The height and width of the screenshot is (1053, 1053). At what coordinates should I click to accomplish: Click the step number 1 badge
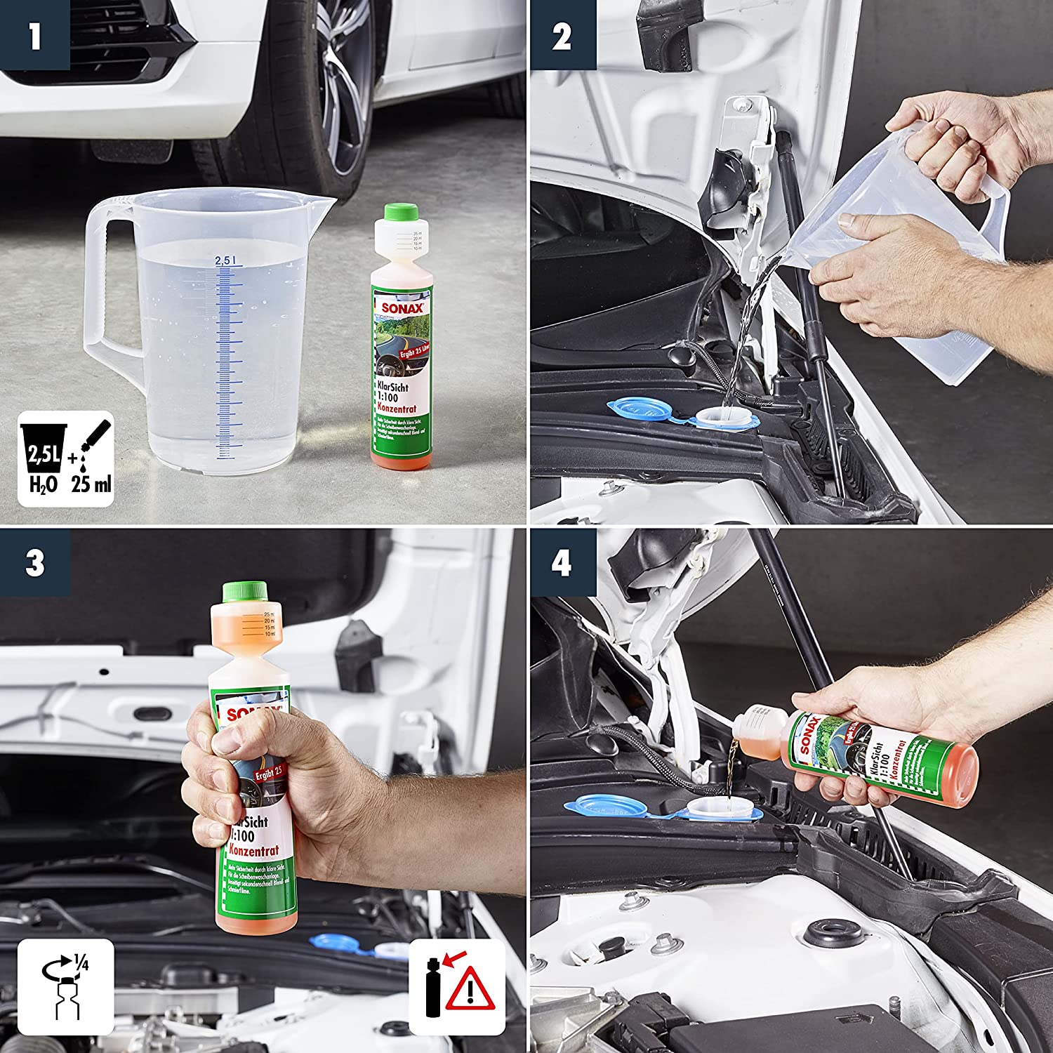tap(34, 35)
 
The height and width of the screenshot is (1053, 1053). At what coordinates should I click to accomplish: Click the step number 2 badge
tap(562, 35)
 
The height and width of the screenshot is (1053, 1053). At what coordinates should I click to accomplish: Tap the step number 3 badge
tap(34, 563)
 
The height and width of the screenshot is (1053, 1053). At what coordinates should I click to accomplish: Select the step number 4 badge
tap(562, 563)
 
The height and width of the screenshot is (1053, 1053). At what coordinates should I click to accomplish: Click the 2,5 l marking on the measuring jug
tap(225, 260)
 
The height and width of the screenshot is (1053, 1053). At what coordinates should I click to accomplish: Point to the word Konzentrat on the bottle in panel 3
tap(254, 851)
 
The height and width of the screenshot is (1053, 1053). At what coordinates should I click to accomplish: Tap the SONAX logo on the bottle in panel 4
tap(809, 735)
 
